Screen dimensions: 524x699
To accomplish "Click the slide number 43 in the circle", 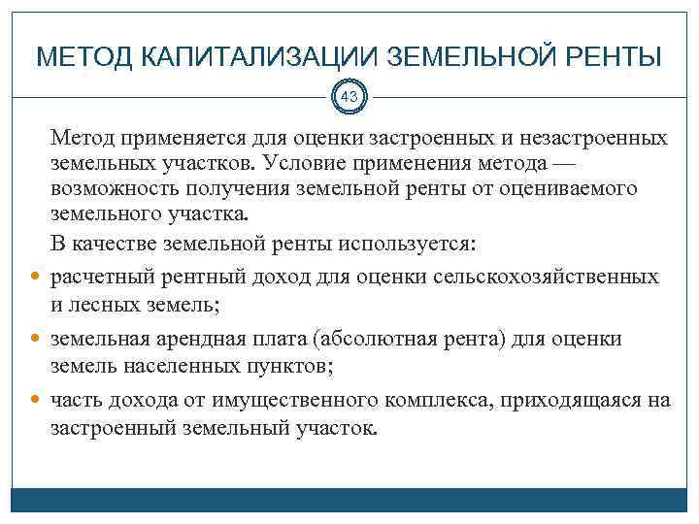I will (349, 96).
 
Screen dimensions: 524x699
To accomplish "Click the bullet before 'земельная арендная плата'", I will (37, 341).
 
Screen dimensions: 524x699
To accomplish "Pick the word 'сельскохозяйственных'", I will (552, 277).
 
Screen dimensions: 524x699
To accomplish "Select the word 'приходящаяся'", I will (573, 400).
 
